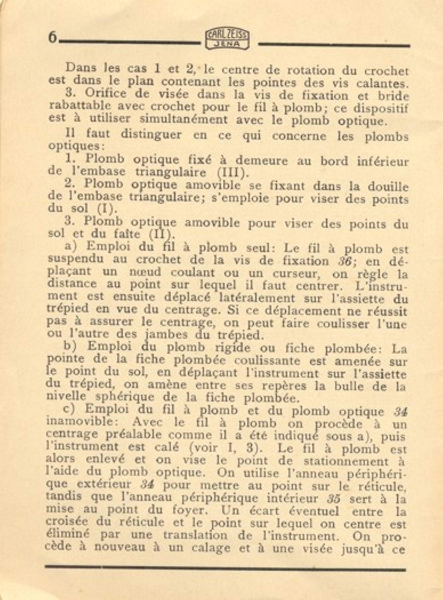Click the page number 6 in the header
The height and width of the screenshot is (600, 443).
[x=53, y=38]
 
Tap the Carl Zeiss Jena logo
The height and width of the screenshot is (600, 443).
[x=227, y=40]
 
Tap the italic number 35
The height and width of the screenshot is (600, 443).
[x=333, y=499]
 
